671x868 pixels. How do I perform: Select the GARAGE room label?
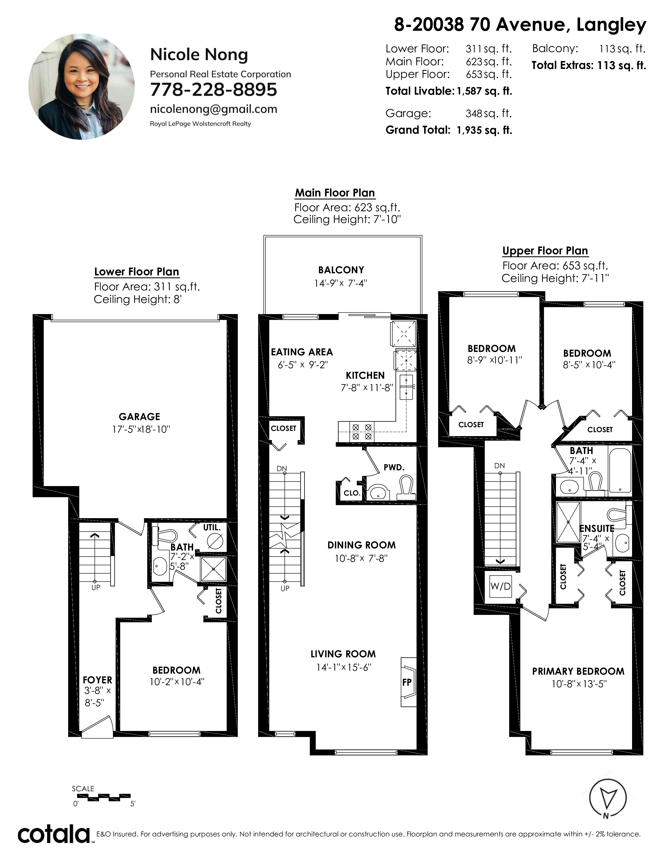click(139, 417)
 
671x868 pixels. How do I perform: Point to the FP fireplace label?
click(407, 682)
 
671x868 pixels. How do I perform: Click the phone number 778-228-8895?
click(213, 89)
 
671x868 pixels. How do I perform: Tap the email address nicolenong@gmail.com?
click(213, 109)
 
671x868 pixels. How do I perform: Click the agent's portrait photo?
click(82, 87)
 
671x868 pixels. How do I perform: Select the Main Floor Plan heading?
click(335, 193)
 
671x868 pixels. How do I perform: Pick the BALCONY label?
click(341, 270)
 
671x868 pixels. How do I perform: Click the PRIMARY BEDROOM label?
click(578, 671)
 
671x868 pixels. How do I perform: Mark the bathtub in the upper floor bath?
click(620, 471)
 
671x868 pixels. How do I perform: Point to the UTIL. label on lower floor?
click(212, 527)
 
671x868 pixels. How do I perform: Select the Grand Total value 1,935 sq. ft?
click(484, 130)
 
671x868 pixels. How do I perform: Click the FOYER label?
click(97, 680)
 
